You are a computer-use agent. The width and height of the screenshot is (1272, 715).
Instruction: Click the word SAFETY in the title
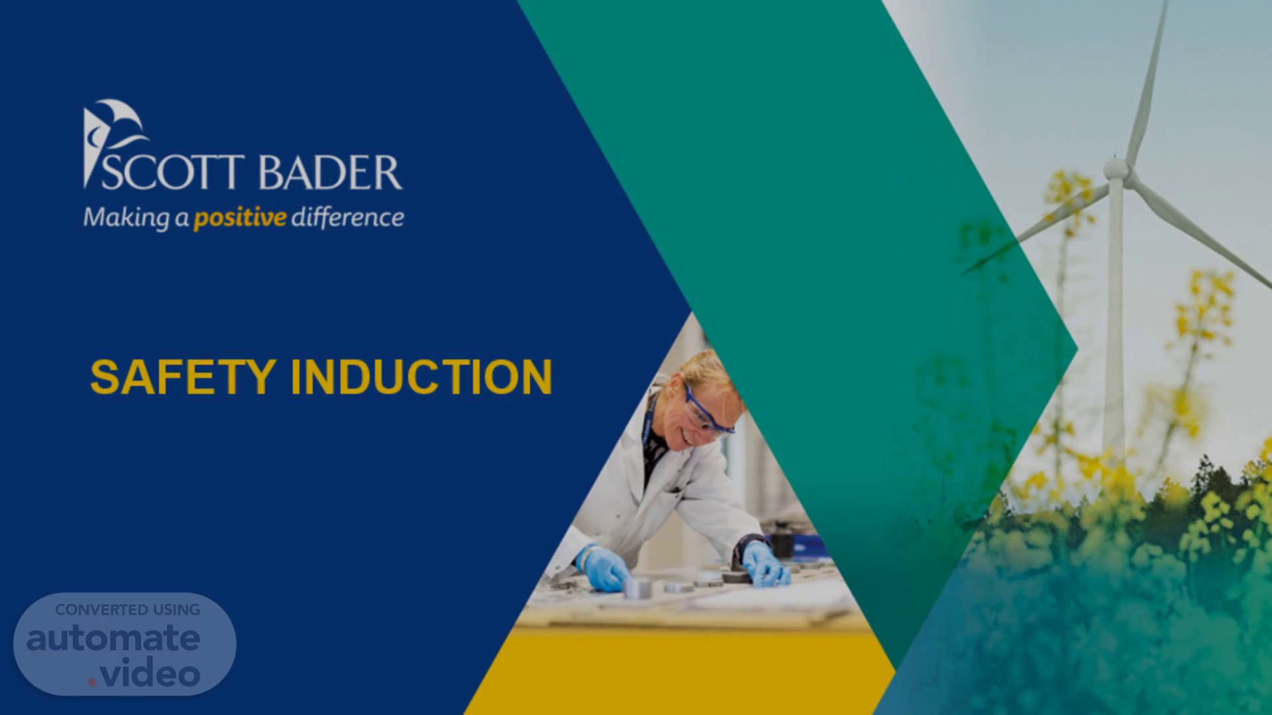[183, 377]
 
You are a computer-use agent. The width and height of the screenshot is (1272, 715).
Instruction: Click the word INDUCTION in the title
[421, 377]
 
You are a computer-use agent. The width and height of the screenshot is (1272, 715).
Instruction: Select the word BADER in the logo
[330, 173]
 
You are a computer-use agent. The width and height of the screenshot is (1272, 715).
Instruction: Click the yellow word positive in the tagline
[240, 218]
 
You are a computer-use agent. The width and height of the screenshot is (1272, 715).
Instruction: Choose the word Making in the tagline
[127, 218]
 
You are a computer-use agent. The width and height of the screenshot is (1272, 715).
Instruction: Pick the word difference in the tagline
[348, 216]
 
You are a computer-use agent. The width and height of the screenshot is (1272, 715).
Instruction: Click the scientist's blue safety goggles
[708, 410]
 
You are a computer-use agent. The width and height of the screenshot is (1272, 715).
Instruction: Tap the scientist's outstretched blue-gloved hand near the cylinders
[604, 568]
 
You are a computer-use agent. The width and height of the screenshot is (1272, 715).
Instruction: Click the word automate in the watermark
[113, 638]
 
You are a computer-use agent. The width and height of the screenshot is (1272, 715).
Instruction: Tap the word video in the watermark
[151, 674]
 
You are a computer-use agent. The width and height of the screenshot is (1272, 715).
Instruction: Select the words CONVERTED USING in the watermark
[128, 610]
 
